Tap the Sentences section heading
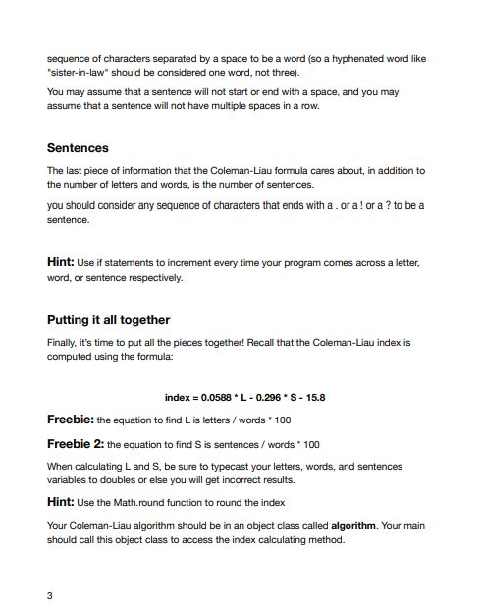(78, 148)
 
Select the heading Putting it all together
(108, 320)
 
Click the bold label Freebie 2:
(75, 443)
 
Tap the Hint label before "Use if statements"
(63, 263)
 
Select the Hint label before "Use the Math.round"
(63, 502)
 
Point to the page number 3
(50, 593)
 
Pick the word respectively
(151, 278)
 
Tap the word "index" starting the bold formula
(178, 397)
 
